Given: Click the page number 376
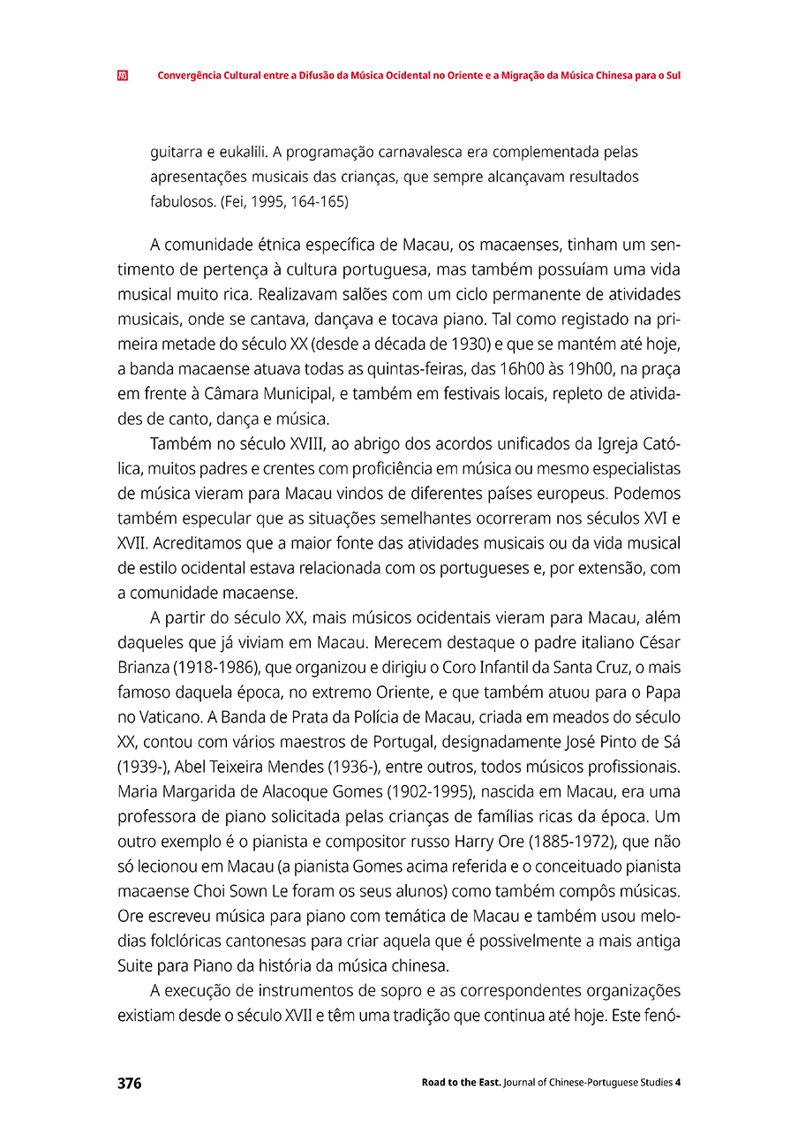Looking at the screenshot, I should (129, 1084).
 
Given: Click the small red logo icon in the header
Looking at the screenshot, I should (122, 76).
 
